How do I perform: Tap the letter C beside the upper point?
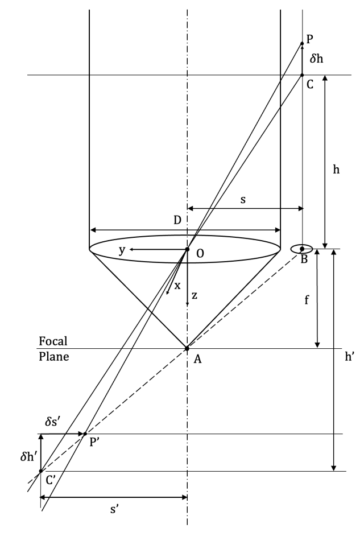coord(310,85)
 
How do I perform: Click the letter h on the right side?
coord(337,170)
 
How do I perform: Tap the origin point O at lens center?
coord(187,249)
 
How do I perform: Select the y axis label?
coord(121,250)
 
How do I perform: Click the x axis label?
coord(177,286)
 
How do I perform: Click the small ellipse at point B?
coord(301,249)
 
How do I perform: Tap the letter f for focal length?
coord(307,300)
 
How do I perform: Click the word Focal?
coord(53,341)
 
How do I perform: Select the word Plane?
coord(53,358)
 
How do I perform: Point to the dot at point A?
coord(187,348)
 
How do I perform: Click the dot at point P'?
coord(85,434)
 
